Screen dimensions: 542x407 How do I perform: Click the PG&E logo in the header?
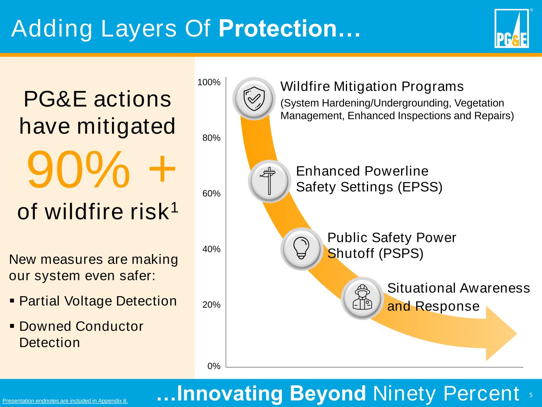tap(511, 28)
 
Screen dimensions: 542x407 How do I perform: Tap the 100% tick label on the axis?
tap(208, 82)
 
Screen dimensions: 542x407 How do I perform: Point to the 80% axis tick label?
tap(211, 138)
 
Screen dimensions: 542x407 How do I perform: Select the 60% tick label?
tap(211, 194)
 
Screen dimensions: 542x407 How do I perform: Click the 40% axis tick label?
tap(211, 249)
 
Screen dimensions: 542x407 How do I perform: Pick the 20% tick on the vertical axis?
tap(211, 305)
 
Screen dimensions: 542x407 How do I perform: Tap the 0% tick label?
tap(214, 366)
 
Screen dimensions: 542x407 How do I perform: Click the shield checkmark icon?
tap(254, 99)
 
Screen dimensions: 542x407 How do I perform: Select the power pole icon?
tap(269, 181)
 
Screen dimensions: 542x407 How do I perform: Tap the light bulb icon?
tap(301, 248)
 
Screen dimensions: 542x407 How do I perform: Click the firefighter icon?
tap(362, 298)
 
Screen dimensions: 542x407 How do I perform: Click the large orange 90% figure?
tap(79, 170)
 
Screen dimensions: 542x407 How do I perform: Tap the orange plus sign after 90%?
tap(162, 169)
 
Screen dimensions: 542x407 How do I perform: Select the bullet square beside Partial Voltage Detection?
tap(12, 301)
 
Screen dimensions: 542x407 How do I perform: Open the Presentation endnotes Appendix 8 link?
tap(65, 401)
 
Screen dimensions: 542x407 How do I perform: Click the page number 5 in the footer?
tap(531, 395)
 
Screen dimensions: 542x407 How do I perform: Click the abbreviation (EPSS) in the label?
tap(420, 187)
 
